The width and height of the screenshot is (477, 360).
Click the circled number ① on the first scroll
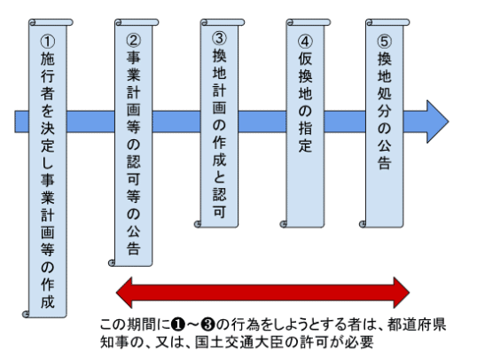pyautogui.click(x=48, y=42)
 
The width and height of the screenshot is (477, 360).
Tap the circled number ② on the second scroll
pyautogui.click(x=134, y=40)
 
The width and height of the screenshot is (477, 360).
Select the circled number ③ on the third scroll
pyautogui.click(x=219, y=38)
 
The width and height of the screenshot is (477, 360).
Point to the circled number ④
pyautogui.click(x=305, y=42)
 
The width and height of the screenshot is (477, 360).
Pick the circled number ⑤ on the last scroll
pyautogui.click(x=385, y=42)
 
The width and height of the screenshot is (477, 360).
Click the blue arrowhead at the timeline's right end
pyautogui.click(x=437, y=121)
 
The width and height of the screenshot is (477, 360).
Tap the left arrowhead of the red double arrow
pyautogui.click(x=124, y=293)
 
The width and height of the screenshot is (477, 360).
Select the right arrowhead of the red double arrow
pyautogui.click(x=402, y=293)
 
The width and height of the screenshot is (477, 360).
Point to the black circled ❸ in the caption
pyautogui.click(x=208, y=325)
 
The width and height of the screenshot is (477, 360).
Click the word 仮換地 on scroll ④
pyautogui.click(x=305, y=76)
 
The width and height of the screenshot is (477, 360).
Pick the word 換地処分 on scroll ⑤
pyautogui.click(x=385, y=85)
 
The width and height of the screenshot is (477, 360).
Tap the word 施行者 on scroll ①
pyautogui.click(x=48, y=76)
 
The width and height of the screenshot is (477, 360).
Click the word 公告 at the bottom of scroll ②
pyautogui.click(x=134, y=240)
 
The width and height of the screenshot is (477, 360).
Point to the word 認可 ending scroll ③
pyautogui.click(x=219, y=203)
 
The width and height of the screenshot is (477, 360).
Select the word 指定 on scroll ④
pyautogui.click(x=305, y=137)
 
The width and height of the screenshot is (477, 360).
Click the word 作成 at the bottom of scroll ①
pyautogui.click(x=48, y=293)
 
